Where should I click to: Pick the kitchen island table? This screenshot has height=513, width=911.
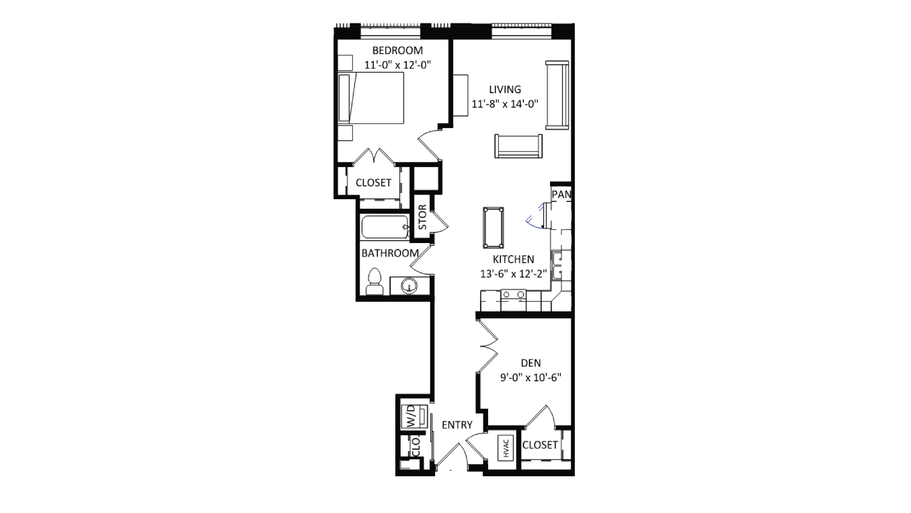493,228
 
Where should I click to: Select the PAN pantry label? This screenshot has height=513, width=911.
561,194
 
